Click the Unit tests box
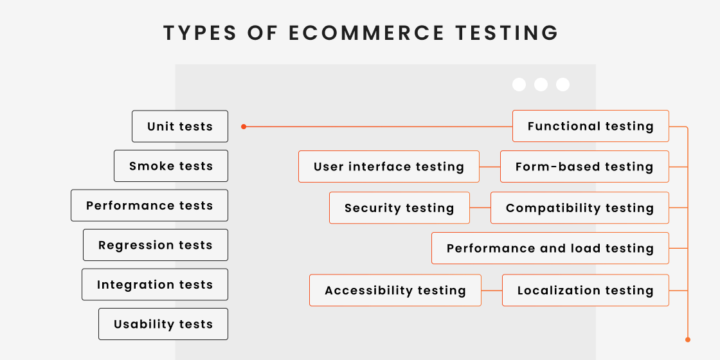180,127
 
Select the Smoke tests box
171,166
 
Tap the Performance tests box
149,206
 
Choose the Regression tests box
156,245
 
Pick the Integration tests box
155,285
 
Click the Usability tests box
163,324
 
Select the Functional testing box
590,126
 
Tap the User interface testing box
389,166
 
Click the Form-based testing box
584,166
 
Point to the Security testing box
399,208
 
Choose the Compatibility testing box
579,208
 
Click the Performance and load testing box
550,248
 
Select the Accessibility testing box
395,291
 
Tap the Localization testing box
585,291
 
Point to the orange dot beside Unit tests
244,127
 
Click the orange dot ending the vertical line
687,339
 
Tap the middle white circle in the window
541,85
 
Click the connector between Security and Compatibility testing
480,208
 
